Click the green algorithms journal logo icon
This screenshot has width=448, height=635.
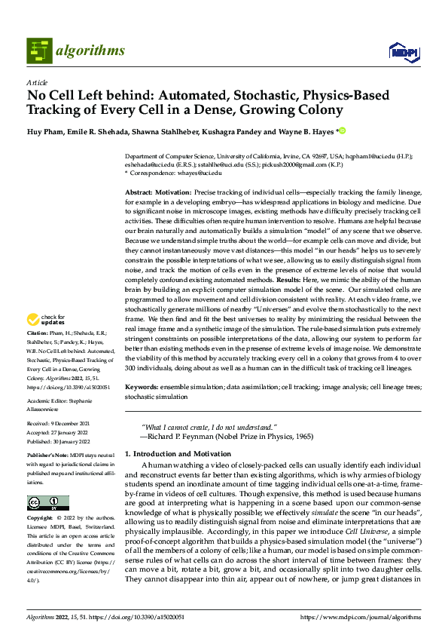click(40, 50)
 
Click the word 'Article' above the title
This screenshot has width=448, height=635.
click(37, 82)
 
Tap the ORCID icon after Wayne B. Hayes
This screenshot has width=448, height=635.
click(342, 131)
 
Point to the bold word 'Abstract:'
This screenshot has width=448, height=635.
click(140, 193)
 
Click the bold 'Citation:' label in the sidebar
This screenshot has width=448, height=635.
click(38, 353)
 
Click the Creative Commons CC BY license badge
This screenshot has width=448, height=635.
click(47, 503)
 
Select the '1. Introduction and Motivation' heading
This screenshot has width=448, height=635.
click(178, 453)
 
